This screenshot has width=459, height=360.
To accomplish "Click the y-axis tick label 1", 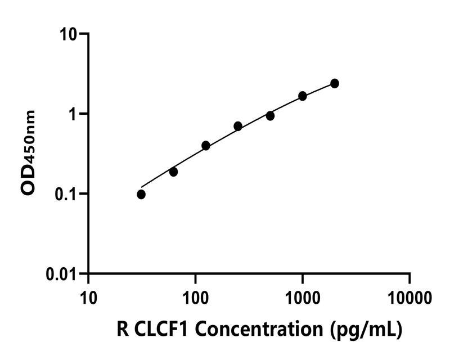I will (x=75, y=114).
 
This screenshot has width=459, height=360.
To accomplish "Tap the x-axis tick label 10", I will (x=88, y=295).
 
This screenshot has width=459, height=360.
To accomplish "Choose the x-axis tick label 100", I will (x=195, y=295).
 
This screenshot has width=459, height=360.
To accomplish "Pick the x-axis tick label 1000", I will (x=303, y=295).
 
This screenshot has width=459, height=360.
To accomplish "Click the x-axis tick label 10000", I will (x=409, y=295).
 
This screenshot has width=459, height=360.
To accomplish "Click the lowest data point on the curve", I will (x=141, y=194).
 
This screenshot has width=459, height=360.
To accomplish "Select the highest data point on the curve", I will (x=335, y=83).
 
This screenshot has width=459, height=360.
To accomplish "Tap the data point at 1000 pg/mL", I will (x=303, y=96).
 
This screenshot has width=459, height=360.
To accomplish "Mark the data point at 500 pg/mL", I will (x=270, y=116).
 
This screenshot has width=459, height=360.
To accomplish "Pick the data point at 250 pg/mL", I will (x=238, y=126).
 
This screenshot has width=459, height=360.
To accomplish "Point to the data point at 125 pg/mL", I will (x=206, y=146).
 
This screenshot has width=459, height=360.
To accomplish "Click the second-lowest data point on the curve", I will (x=173, y=172).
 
